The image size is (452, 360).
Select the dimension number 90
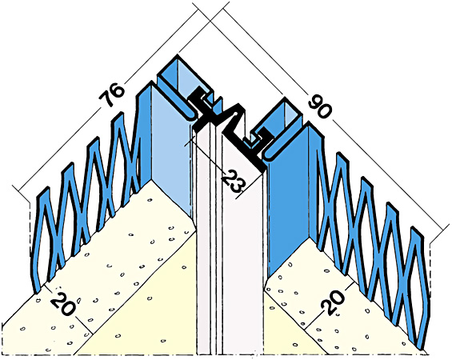tap(319, 106)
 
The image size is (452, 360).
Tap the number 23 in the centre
tap(234, 181)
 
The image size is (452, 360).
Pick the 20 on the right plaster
tap(332, 302)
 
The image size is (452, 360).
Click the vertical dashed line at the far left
tap(30, 228)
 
